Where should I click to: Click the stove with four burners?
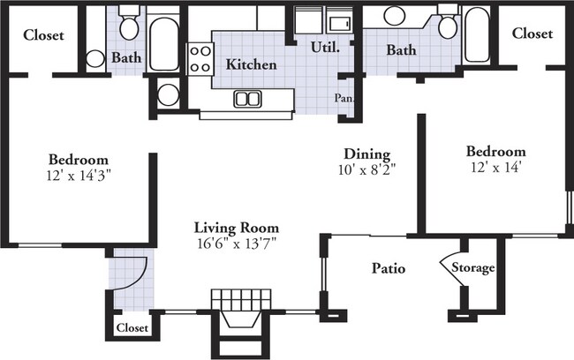coord(200,58)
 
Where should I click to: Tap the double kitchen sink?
coord(247,99)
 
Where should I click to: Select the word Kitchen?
coord(251,64)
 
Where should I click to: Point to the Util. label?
coord(326,47)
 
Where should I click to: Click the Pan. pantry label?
coord(344,98)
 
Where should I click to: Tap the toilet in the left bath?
coord(129,24)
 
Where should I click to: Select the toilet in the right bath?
coord(448,22)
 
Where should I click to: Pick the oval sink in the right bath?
coord(394,16)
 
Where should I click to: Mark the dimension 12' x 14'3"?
coord(79,176)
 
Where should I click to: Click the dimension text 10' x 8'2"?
coord(366,169)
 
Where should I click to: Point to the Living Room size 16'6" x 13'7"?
coord(237,243)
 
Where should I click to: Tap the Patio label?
coord(389,268)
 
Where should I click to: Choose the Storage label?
coord(473,268)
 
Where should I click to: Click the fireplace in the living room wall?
coord(241,322)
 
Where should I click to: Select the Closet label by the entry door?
coord(132,328)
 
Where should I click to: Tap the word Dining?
coord(367,154)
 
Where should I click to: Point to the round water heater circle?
coord(168,94)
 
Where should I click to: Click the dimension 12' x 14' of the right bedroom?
coord(496,167)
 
